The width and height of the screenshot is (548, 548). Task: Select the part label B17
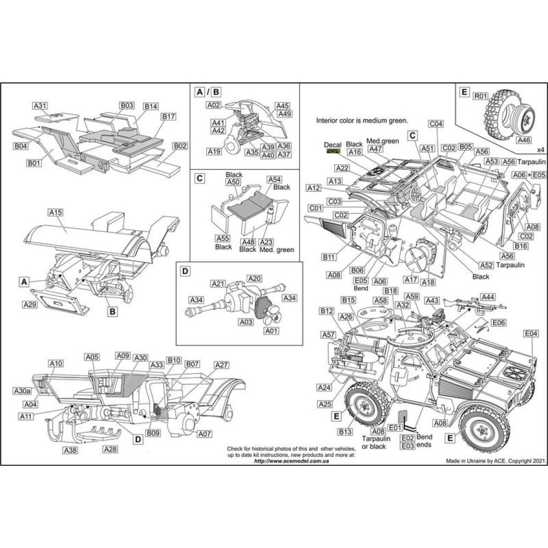[x=168, y=117]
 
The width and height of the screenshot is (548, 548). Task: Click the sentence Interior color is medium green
[x=362, y=121]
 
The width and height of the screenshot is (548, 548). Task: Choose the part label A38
[x=70, y=450]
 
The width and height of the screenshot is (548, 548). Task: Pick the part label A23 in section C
[x=270, y=242]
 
